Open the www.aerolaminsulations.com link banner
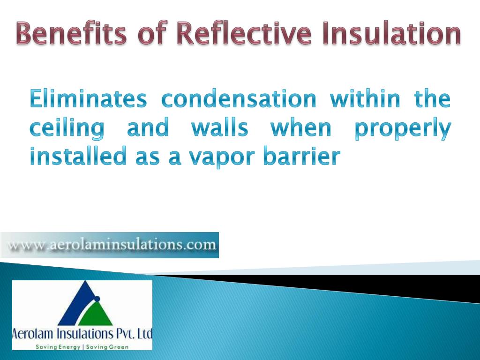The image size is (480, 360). point(110,245)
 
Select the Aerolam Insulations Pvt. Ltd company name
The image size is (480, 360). point(82,334)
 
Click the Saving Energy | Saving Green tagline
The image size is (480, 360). point(82,346)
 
